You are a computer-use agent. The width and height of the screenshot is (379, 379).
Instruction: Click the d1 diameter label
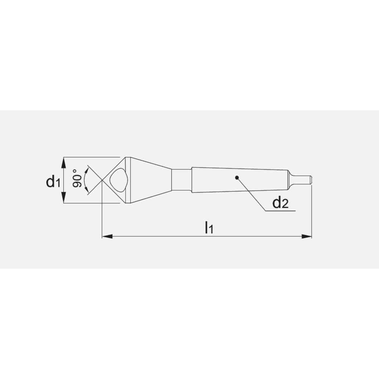pos(53,182)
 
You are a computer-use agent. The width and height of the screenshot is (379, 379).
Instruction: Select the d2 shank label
pos(280,204)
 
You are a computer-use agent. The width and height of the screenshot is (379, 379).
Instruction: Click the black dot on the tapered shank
pos(237,177)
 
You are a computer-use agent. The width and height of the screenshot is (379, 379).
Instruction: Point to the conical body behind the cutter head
pos(150,180)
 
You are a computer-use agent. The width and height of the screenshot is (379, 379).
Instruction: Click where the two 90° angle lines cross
pos(102,180)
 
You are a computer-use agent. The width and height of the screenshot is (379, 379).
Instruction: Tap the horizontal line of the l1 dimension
pos(171,237)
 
